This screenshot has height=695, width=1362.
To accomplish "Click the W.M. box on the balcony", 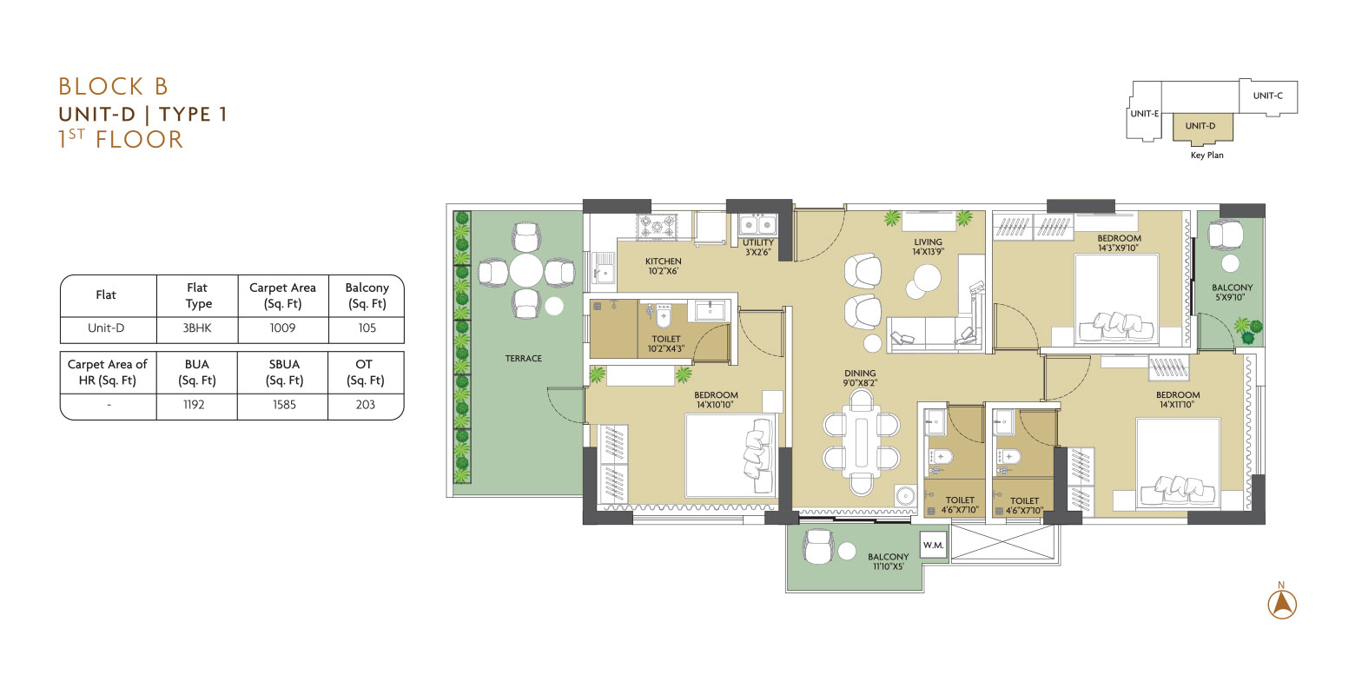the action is point(933,545).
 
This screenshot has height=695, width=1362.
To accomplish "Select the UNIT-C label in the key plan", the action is point(1268,96).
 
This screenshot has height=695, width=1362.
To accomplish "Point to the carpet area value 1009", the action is point(283,328).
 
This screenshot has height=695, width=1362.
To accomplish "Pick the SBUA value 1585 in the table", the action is point(284,405).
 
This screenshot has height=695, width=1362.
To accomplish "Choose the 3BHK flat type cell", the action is point(197,328).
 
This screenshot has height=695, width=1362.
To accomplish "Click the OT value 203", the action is point(366,405).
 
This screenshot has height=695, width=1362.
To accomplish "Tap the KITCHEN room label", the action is point(664,261).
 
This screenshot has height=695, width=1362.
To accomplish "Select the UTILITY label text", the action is point(758,242).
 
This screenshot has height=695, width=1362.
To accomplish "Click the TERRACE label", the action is point(524,359).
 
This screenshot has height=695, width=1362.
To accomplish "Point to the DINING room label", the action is point(860,374).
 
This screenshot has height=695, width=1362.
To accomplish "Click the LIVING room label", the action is point(928,242).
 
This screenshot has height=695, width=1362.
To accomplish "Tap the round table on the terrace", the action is point(526,270).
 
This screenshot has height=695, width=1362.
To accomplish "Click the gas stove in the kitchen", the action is point(657,227).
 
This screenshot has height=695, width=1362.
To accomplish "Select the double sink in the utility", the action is point(757,225).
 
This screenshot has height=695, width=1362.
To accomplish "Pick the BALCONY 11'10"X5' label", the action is point(889,561).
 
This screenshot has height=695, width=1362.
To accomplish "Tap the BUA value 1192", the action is point(194,405).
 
